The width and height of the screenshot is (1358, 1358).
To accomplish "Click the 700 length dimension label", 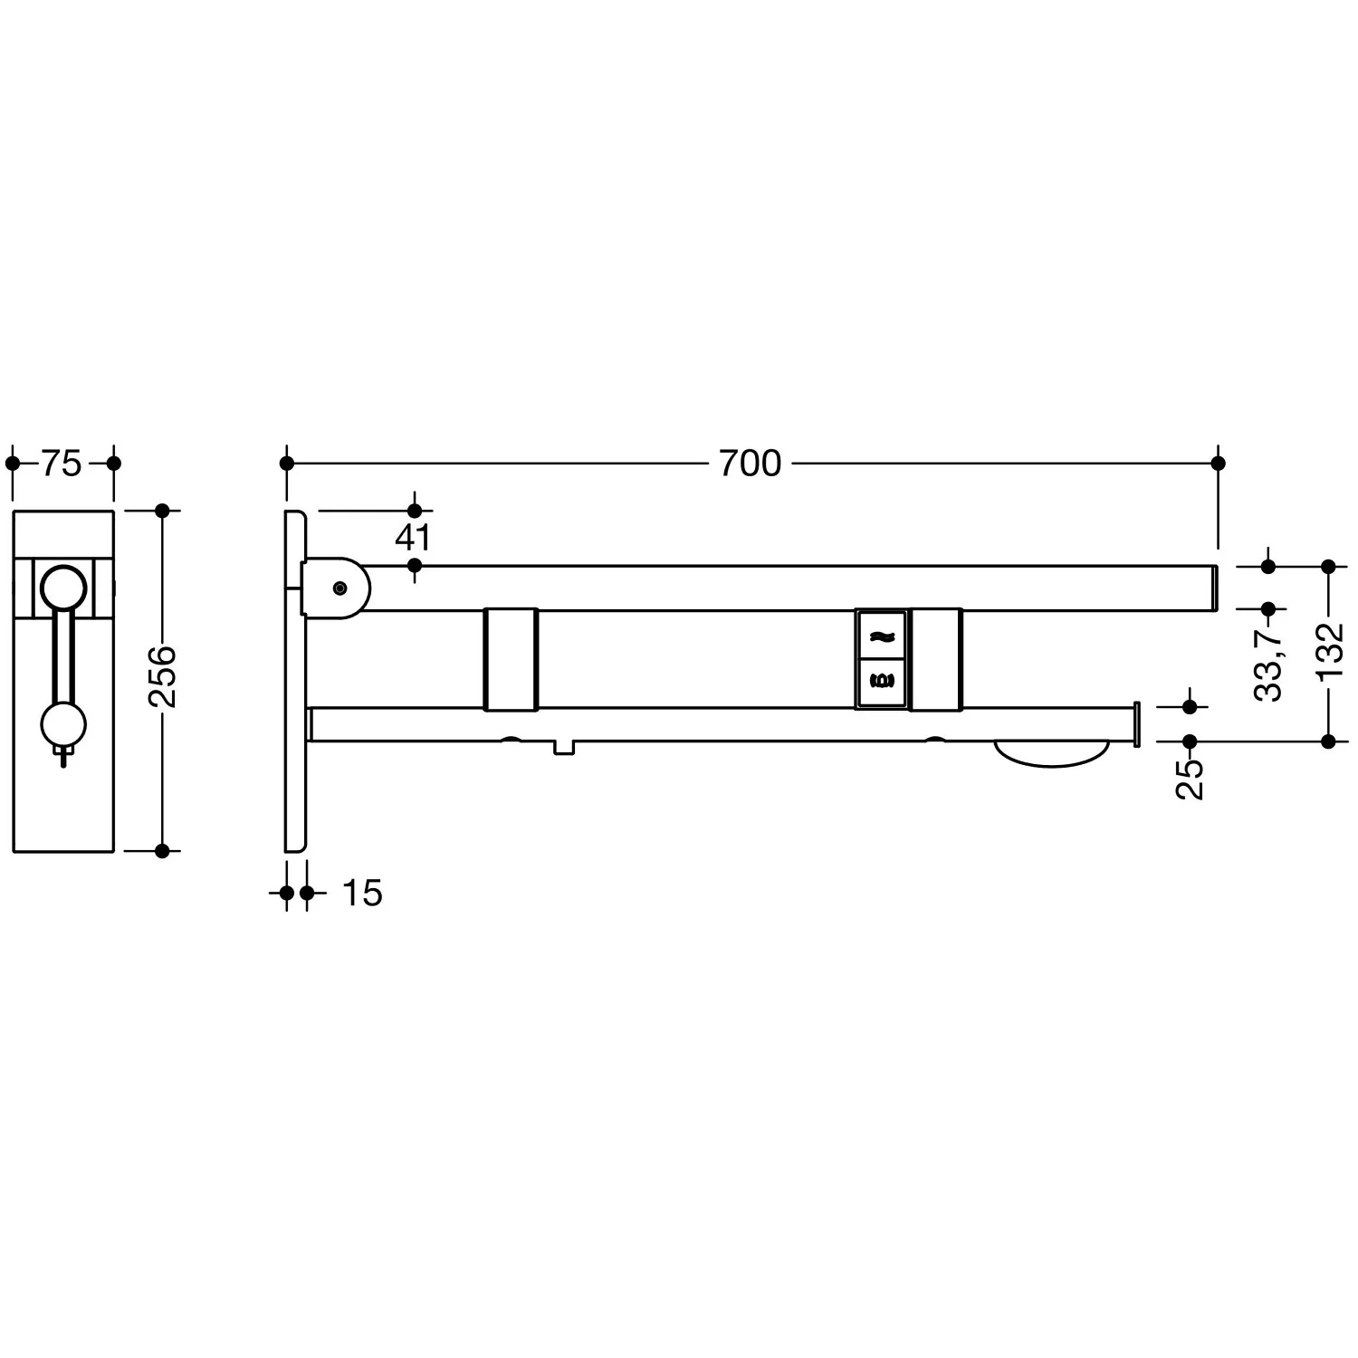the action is coord(750,464).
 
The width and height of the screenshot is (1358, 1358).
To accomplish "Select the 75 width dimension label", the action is coord(62,464).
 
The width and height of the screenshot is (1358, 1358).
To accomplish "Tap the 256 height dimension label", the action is coord(163,676).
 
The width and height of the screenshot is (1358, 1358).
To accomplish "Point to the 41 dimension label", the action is coord(413,538).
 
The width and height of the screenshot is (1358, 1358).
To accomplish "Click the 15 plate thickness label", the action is coord(362,894).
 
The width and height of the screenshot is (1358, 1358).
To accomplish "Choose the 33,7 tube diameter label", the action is coord(1268,663).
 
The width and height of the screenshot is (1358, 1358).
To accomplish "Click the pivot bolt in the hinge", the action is coord(339,588).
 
